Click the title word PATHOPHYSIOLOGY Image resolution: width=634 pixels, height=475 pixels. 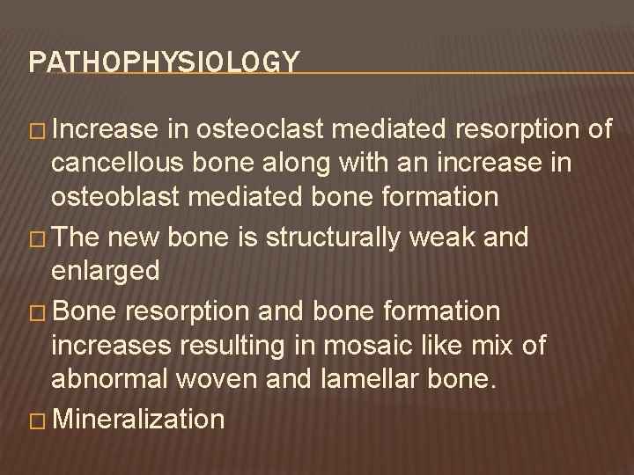pos(164,62)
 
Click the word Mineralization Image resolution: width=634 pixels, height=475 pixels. pos(138,419)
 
